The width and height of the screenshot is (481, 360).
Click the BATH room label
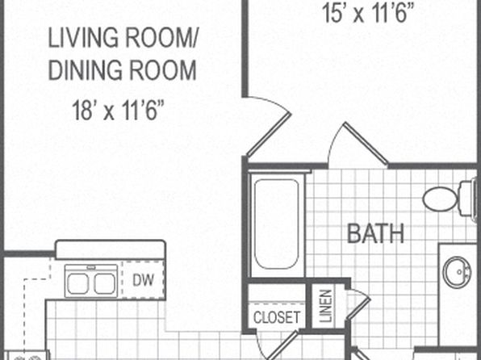click(x=375, y=233)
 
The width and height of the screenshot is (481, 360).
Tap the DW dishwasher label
click(x=144, y=280)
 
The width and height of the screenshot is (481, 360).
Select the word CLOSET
click(x=277, y=317)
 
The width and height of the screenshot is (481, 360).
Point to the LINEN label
click(x=326, y=306)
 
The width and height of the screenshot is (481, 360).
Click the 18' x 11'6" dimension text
click(x=118, y=111)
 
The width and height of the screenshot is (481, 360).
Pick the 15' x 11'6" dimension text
click(x=368, y=13)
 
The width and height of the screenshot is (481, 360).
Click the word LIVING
click(x=83, y=37)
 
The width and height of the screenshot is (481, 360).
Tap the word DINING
click(x=86, y=70)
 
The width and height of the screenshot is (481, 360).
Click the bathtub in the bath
click(x=277, y=224)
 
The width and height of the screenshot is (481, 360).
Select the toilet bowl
click(x=440, y=199)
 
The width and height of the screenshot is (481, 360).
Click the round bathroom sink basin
click(x=457, y=272)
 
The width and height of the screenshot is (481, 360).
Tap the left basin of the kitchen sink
click(x=78, y=284)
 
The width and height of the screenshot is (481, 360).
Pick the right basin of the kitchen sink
click(x=105, y=284)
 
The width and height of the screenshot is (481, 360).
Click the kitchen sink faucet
click(x=91, y=268)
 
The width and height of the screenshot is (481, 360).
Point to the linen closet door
click(x=358, y=309)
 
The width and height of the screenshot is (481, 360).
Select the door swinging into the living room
click(x=269, y=134)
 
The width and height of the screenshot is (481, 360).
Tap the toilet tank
click(x=468, y=199)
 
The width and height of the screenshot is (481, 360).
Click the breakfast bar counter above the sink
click(x=111, y=249)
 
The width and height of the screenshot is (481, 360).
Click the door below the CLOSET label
click(x=282, y=345)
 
